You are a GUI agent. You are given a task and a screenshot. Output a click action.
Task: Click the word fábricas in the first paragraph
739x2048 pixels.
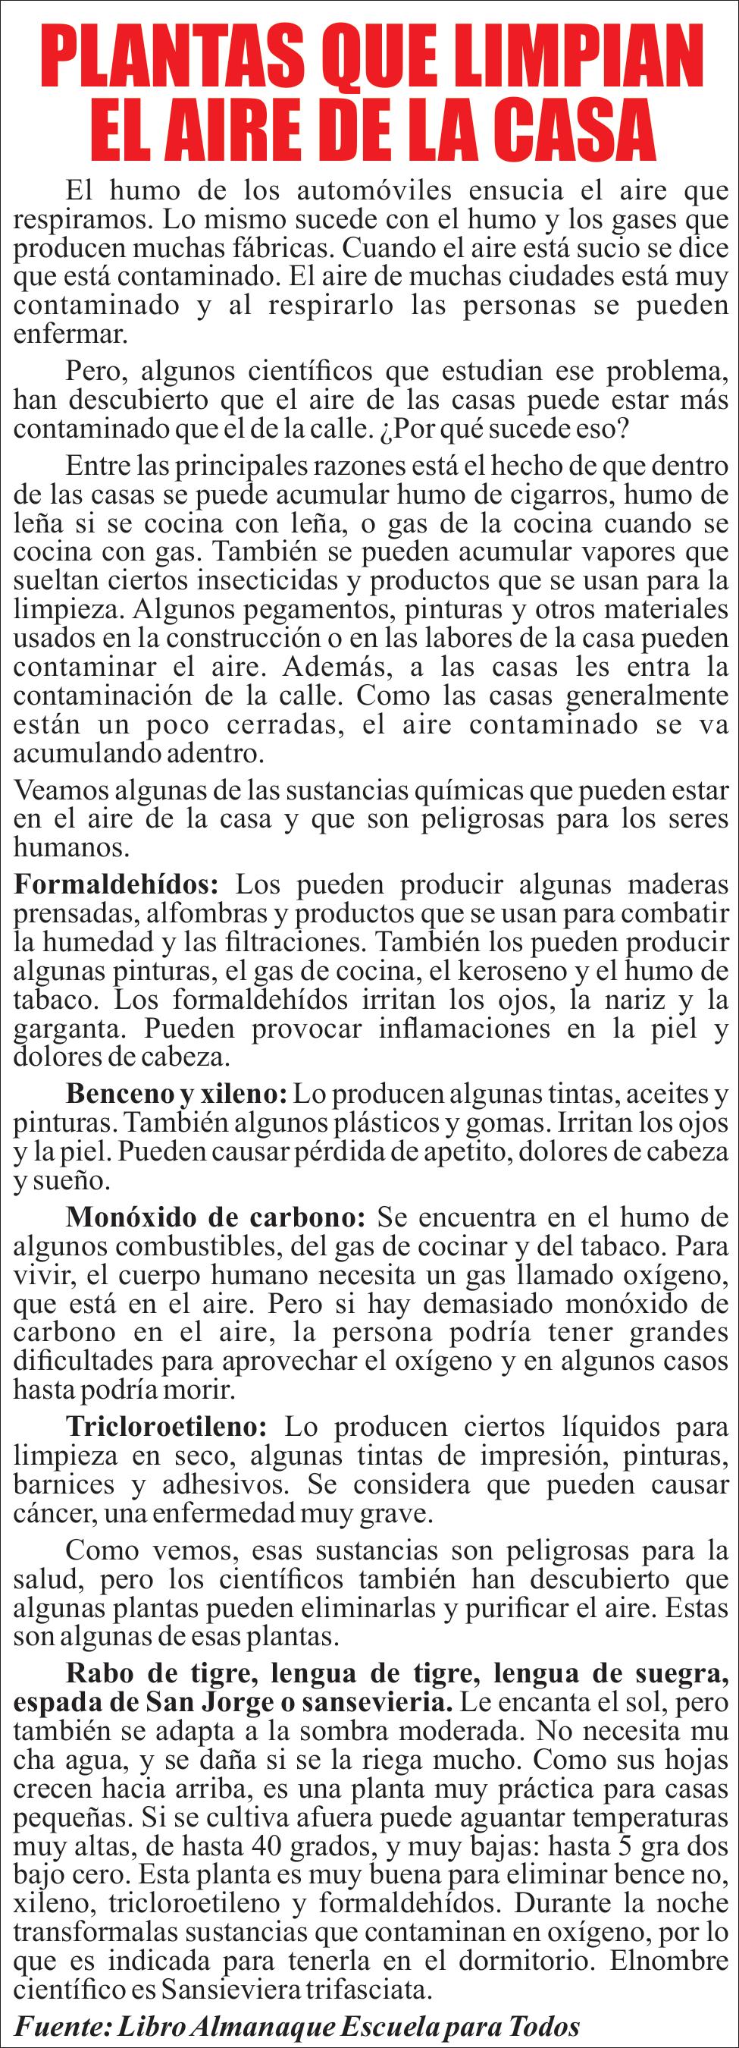280,247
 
